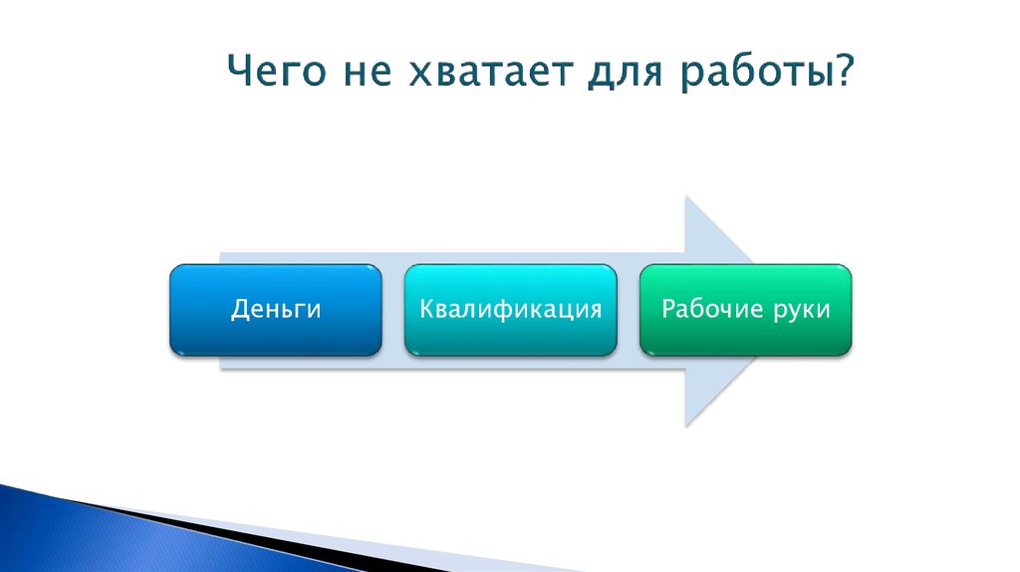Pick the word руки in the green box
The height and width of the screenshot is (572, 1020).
802,310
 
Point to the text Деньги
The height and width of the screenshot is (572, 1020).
276,310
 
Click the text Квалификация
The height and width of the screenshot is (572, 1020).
510,309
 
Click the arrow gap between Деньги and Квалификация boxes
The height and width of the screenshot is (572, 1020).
392,310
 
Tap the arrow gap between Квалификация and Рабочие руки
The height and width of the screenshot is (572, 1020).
628,310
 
